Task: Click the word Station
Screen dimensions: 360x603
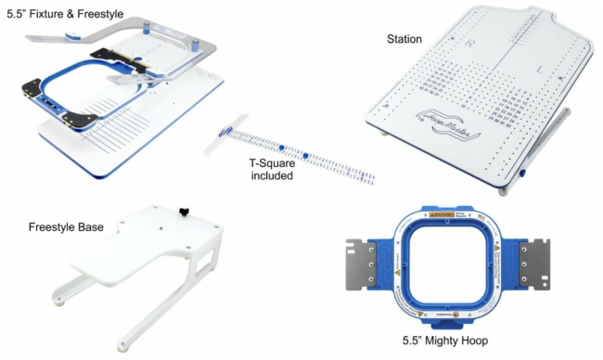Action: (404, 39)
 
